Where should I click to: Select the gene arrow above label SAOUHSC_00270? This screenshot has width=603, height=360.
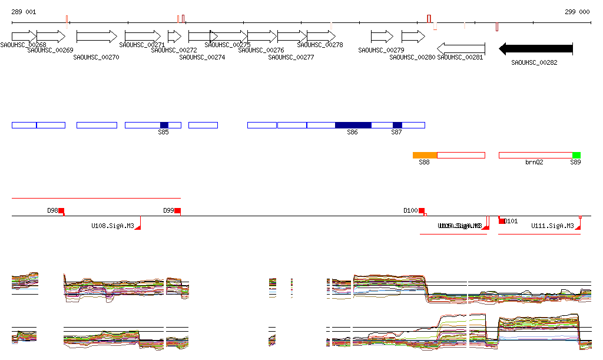tap(97, 37)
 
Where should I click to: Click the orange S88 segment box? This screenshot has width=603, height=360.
tap(425, 155)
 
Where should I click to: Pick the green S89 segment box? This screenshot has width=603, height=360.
tap(577, 155)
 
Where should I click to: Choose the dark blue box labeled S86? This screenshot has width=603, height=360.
tap(353, 125)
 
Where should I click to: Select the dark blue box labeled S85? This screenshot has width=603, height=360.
tap(164, 125)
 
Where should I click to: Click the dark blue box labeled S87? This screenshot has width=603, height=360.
tap(397, 125)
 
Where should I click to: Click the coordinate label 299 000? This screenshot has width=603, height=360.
tap(577, 12)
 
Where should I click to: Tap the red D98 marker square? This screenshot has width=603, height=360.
tap(61, 211)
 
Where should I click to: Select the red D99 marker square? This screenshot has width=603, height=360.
tap(177, 211)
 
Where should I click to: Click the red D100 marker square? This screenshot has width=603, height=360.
tap(422, 211)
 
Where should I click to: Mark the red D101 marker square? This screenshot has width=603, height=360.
tap(502, 221)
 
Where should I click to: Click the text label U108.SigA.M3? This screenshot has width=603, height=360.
tap(112, 226)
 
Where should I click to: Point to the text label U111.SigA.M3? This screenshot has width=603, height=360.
tap(552, 226)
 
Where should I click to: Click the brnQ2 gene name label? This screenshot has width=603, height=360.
tap(534, 162)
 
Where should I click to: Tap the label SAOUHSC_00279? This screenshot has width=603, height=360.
tap(381, 50)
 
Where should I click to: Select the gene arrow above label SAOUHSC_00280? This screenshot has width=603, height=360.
tap(413, 37)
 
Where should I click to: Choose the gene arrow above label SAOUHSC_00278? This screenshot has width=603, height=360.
tap(321, 37)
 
